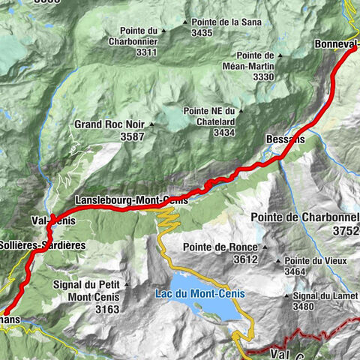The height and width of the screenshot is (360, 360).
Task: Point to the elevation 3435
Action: [202, 32]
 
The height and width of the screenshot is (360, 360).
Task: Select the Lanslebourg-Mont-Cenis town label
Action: [130, 200]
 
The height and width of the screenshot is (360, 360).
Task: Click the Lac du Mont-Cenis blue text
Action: [201, 293]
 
